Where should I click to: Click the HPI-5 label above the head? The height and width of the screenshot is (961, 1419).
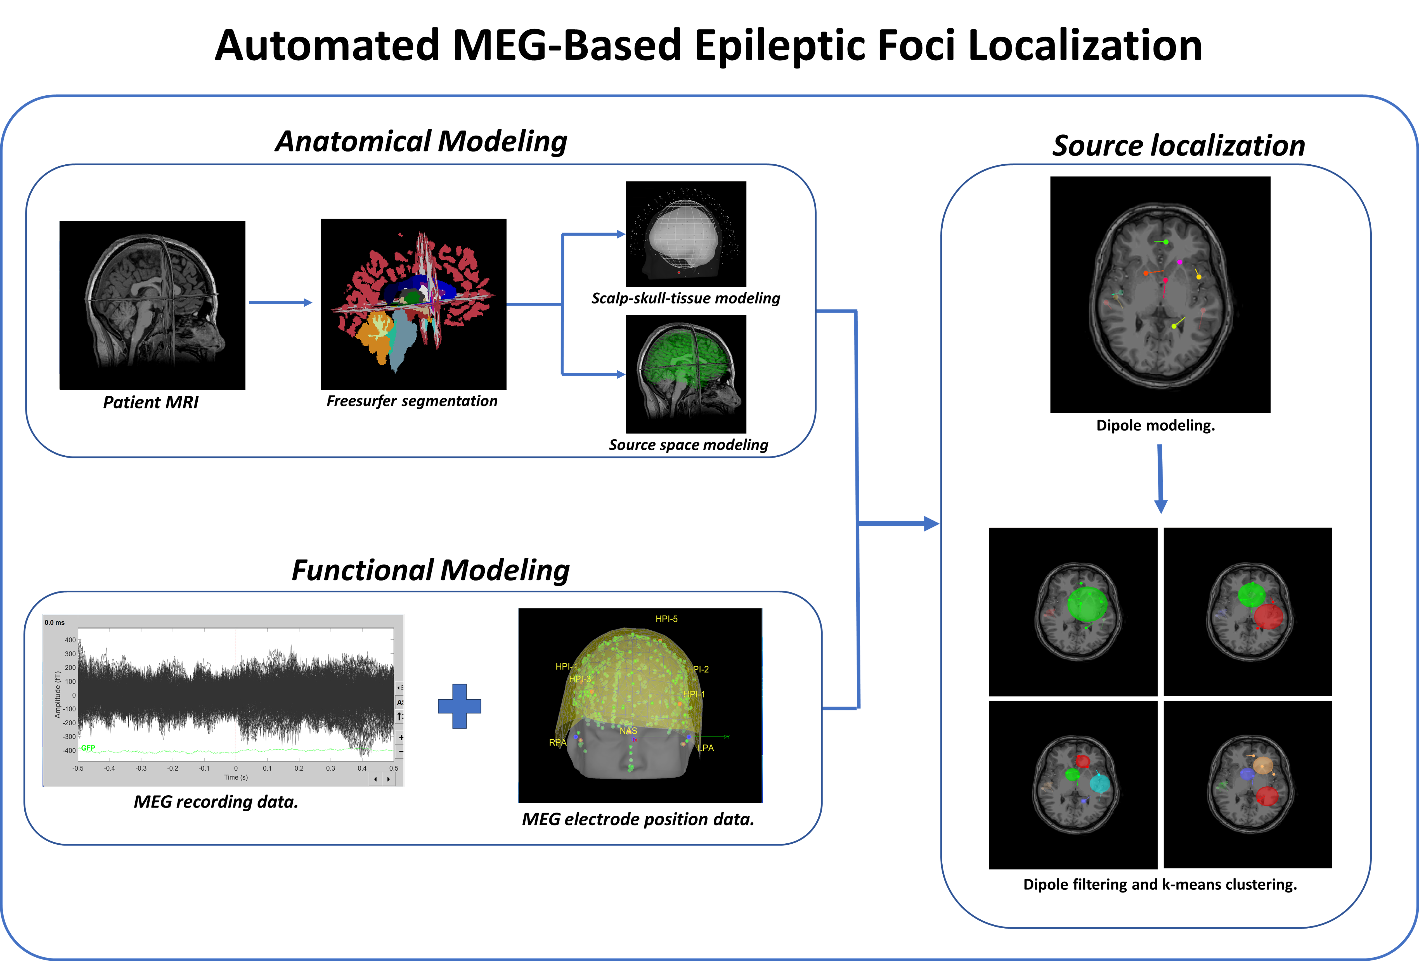click(x=666, y=619)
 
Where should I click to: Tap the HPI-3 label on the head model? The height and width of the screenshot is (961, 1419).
click(x=580, y=679)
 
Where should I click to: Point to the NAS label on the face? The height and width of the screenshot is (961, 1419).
click(x=628, y=731)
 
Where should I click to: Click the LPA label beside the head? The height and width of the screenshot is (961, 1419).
click(x=706, y=748)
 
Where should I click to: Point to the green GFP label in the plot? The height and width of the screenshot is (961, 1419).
click(x=89, y=748)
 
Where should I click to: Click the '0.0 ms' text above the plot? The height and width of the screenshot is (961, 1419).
click(x=54, y=623)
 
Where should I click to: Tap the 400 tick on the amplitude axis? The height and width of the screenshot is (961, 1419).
click(x=70, y=640)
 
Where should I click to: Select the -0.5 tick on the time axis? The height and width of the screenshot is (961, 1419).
click(x=78, y=768)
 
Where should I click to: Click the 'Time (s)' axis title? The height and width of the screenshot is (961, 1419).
click(x=236, y=777)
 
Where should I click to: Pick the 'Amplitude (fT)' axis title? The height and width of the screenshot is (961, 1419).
click(x=57, y=695)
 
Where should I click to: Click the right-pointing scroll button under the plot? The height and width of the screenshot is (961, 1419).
click(x=388, y=779)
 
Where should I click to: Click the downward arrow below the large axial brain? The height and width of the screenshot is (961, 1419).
click(x=1160, y=479)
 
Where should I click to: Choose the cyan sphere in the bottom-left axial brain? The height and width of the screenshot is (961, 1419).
click(x=1100, y=783)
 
